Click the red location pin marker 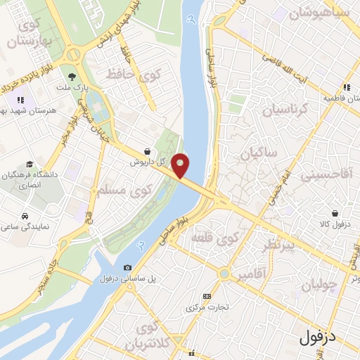pos(181,165)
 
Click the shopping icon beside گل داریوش pos(146,151)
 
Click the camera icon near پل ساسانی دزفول pos(127,267)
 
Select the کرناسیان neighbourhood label pos(285,110)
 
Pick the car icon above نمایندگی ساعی pos(25,216)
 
